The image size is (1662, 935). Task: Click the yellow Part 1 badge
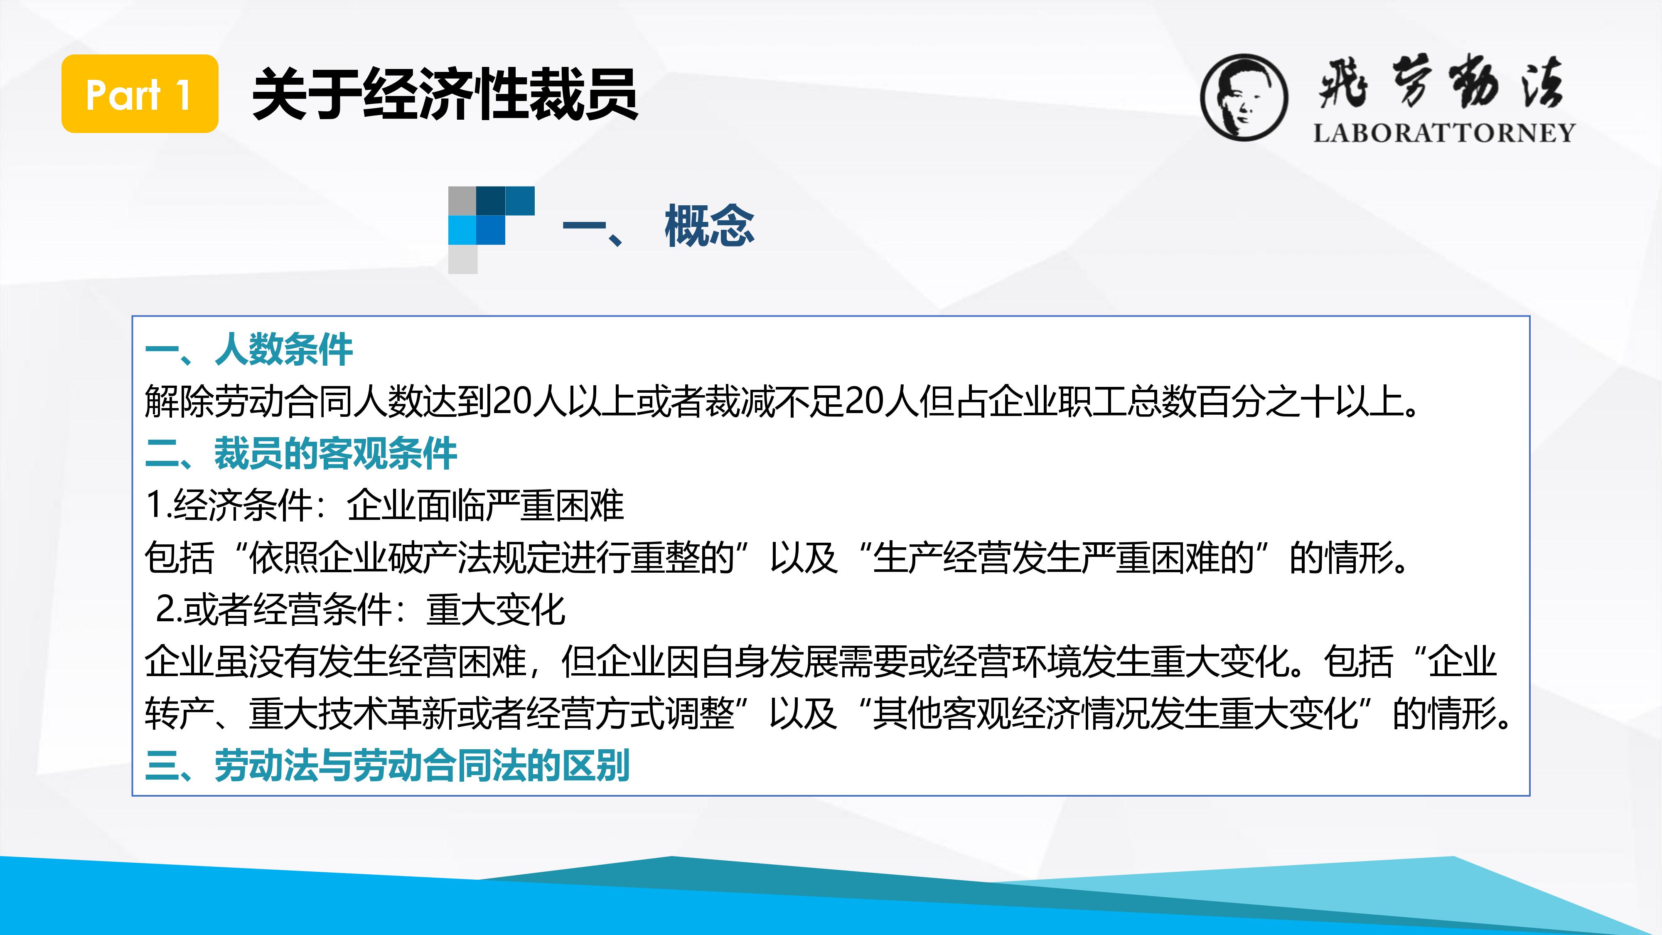[x=139, y=93]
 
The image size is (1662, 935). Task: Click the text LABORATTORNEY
[x=1444, y=133]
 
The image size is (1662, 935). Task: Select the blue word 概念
[x=709, y=225]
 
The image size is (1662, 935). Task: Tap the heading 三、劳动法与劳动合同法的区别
[x=388, y=766]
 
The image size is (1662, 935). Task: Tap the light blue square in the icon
[x=462, y=230]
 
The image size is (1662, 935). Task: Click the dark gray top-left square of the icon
[x=462, y=201]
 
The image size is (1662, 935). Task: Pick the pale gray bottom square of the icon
[x=462, y=259]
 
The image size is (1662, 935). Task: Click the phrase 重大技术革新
[x=352, y=714]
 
